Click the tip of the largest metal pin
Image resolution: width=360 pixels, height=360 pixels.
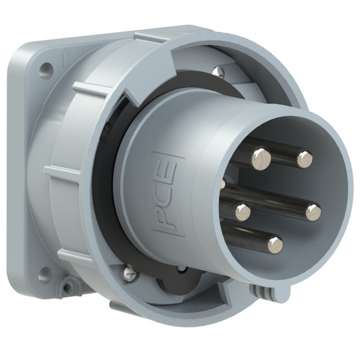click(261, 159)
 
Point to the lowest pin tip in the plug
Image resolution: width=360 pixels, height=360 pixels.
click(275, 246)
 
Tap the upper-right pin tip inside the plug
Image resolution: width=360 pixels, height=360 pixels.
click(305, 159)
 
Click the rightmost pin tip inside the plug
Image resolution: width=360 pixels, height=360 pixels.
click(314, 213)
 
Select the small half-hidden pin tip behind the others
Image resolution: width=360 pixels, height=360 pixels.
click(222, 184)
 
